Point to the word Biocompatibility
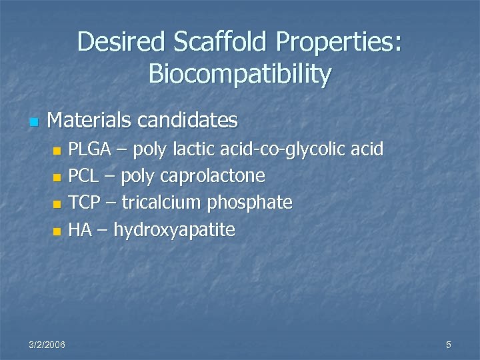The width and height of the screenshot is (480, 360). (x=239, y=75)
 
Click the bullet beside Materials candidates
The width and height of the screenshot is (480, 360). (x=33, y=122)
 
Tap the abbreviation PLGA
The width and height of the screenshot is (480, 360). (x=90, y=149)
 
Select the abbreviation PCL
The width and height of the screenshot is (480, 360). (x=84, y=176)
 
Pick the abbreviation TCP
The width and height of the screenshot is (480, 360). (x=84, y=203)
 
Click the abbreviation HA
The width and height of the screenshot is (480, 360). (x=80, y=230)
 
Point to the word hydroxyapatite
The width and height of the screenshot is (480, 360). (x=174, y=231)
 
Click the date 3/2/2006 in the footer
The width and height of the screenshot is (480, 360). (x=47, y=344)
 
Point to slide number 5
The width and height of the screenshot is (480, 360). (x=449, y=344)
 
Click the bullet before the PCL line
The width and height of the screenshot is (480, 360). (x=57, y=178)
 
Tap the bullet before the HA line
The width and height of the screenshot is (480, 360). (x=57, y=232)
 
